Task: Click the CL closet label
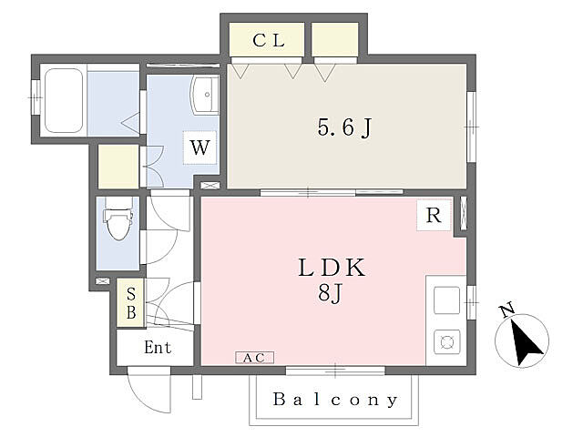pyautogui.click(x=269, y=40)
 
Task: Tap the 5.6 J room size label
pyautogui.click(x=344, y=127)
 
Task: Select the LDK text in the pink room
pyautogui.click(x=332, y=268)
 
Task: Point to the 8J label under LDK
pyautogui.click(x=330, y=293)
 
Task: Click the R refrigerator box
pyautogui.click(x=434, y=215)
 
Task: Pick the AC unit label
pyautogui.click(x=255, y=358)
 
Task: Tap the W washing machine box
pyautogui.click(x=200, y=147)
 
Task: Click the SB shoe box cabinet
pyautogui.click(x=130, y=303)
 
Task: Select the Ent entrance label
pyautogui.click(x=158, y=348)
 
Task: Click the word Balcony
pyautogui.click(x=335, y=400)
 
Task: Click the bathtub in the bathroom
pyautogui.click(x=64, y=100)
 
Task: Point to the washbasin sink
pyautogui.click(x=204, y=95)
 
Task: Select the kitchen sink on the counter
pyautogui.click(x=447, y=300)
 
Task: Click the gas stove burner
pyautogui.click(x=447, y=341)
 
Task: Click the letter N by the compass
pyautogui.click(x=507, y=310)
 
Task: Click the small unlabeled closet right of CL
pyautogui.click(x=335, y=39)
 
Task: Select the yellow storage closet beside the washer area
pyautogui.click(x=118, y=167)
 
